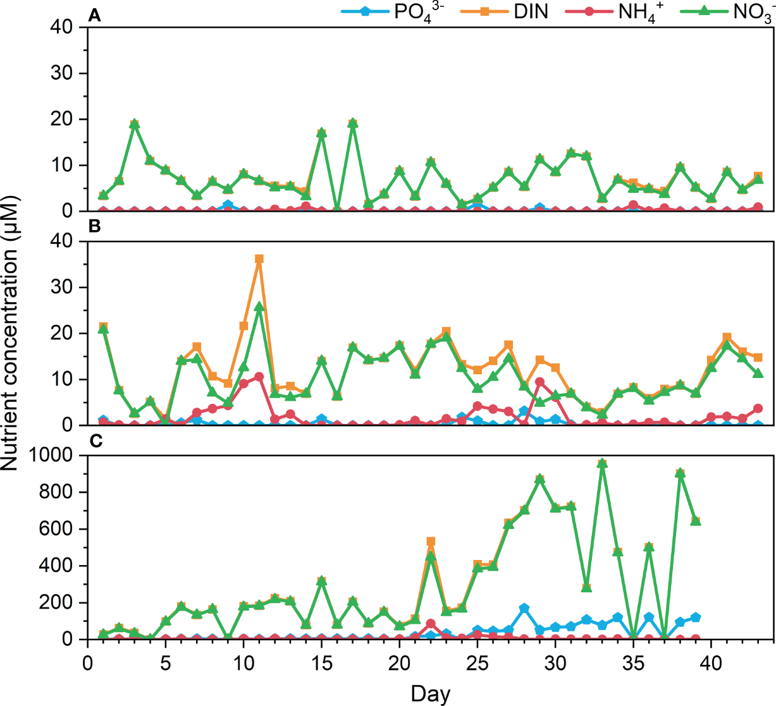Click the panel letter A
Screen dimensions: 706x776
click(x=94, y=16)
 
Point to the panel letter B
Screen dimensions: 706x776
click(x=94, y=226)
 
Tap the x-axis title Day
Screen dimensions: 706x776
click(x=430, y=693)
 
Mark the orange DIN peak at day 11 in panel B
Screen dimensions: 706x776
click(x=259, y=259)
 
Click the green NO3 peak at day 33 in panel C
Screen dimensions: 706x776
click(x=602, y=463)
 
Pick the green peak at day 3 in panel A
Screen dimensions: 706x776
click(x=135, y=125)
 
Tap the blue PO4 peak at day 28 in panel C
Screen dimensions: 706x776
click(x=524, y=608)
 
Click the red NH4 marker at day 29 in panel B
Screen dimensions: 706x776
click(x=539, y=382)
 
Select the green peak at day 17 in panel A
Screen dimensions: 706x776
click(x=353, y=123)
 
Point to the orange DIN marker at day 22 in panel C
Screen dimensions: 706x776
click(x=431, y=542)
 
